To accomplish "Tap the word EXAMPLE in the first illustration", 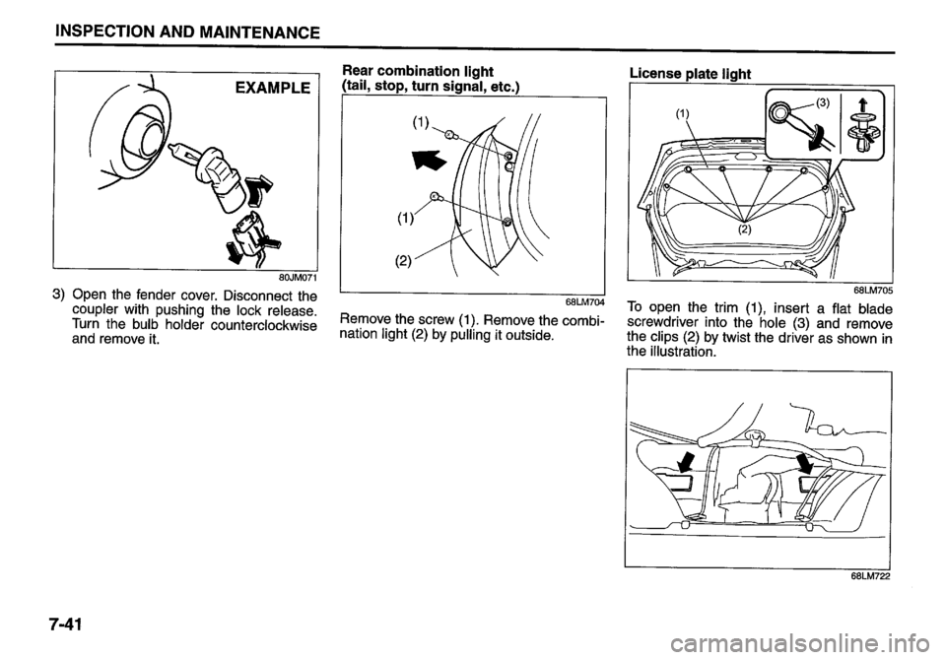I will (269, 91).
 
